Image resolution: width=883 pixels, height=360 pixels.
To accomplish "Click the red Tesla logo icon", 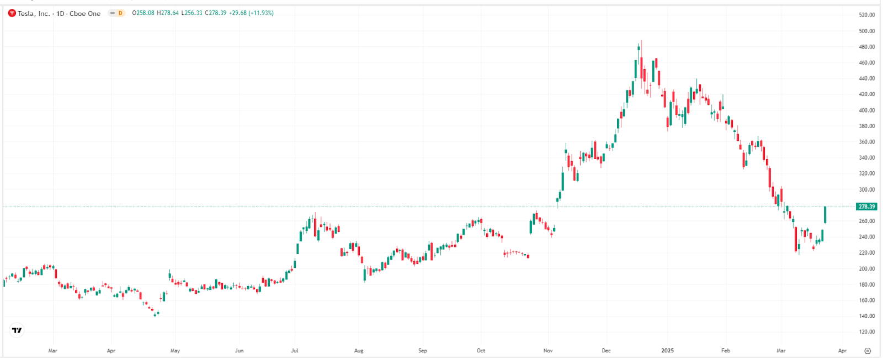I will point(12,13).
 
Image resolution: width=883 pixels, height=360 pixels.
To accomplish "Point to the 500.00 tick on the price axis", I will point(866,31).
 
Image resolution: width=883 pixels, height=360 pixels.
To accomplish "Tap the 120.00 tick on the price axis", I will point(866,332).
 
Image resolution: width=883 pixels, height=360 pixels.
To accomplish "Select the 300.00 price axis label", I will point(866,189).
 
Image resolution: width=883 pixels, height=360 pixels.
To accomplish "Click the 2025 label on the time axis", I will point(668,351).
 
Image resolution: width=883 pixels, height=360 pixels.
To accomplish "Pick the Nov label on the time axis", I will point(548,351).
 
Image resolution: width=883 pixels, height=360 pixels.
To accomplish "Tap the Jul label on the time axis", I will point(295,351).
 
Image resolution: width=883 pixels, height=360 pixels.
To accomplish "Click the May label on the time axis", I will point(175,351).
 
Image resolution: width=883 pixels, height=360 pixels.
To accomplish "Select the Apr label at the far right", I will point(842,351).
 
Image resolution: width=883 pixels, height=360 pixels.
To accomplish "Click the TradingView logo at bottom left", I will point(17,330).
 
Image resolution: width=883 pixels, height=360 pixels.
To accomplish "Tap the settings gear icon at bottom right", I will point(868,351).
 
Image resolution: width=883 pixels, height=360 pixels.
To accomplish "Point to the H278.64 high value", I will point(168,13).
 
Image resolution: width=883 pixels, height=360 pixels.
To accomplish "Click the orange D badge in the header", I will point(120,13).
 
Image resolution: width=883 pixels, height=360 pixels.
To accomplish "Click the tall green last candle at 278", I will point(825,214).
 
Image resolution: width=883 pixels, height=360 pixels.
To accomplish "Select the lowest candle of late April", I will point(155,314).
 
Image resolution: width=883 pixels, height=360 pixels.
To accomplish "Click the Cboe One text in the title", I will point(85,13).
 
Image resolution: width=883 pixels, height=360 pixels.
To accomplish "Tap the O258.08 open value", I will point(143,13).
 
